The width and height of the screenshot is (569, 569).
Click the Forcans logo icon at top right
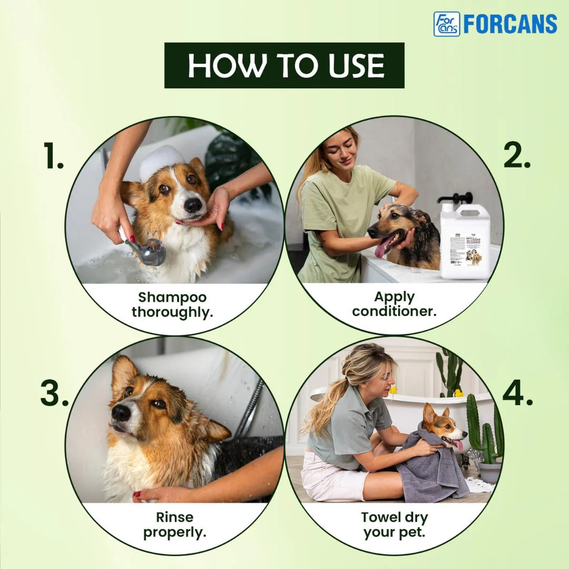[x=446, y=24]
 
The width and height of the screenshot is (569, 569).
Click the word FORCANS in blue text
[x=510, y=24]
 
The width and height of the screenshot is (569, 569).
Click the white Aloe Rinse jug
[x=464, y=242]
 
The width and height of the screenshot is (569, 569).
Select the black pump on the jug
[x=454, y=199]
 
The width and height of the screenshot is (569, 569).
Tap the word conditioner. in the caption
[x=394, y=311]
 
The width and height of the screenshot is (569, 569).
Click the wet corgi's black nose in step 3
[x=121, y=413]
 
